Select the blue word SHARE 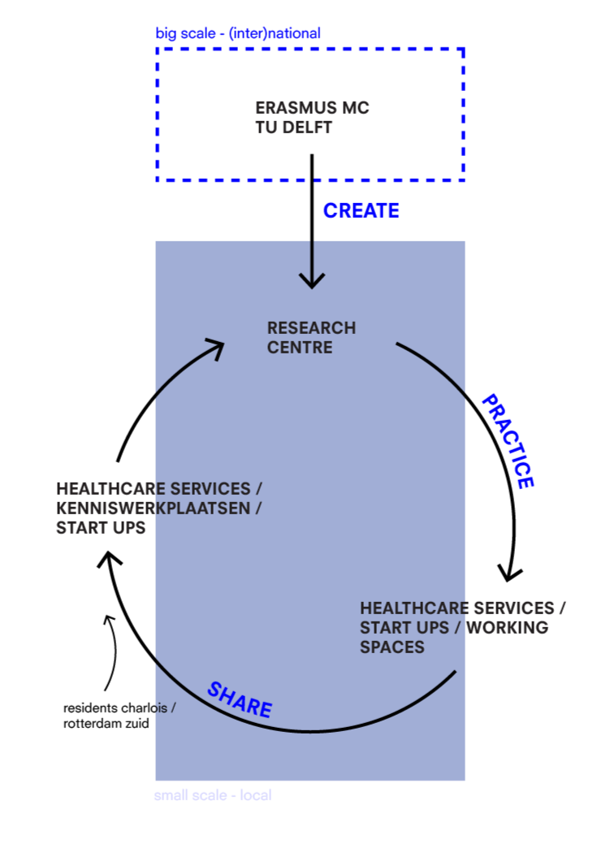[x=240, y=699]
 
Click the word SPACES [x=392, y=647]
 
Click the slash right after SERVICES [x=258, y=489]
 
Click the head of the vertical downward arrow [x=312, y=280]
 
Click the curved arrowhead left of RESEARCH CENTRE [x=216, y=348]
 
